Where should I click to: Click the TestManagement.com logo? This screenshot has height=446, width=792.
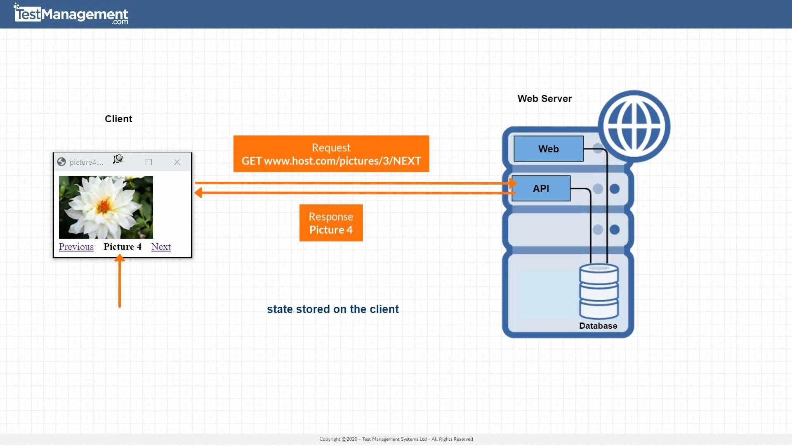(x=71, y=14)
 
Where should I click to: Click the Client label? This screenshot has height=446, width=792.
(x=118, y=119)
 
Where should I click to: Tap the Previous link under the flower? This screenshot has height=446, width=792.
(x=76, y=247)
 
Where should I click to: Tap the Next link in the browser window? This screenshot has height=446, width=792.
(x=161, y=247)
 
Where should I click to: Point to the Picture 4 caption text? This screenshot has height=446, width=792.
(x=123, y=247)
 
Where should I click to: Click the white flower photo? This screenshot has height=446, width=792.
(x=106, y=207)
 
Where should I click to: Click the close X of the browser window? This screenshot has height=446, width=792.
(x=177, y=162)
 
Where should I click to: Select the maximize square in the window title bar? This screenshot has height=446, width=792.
(x=148, y=162)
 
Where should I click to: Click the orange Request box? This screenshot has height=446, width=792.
(x=331, y=154)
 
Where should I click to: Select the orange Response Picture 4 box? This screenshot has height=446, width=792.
(x=331, y=223)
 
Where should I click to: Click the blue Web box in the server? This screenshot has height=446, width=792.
(x=548, y=149)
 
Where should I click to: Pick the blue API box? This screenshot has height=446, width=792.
(x=541, y=188)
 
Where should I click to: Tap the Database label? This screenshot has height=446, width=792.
(x=598, y=326)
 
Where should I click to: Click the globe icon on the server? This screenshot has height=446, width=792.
(x=634, y=126)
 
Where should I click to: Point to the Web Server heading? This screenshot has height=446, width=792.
(x=544, y=99)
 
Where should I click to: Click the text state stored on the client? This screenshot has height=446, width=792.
(x=332, y=309)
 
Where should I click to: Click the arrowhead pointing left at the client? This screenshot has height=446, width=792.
(x=199, y=192)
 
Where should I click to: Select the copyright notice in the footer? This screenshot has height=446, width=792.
(x=396, y=439)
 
